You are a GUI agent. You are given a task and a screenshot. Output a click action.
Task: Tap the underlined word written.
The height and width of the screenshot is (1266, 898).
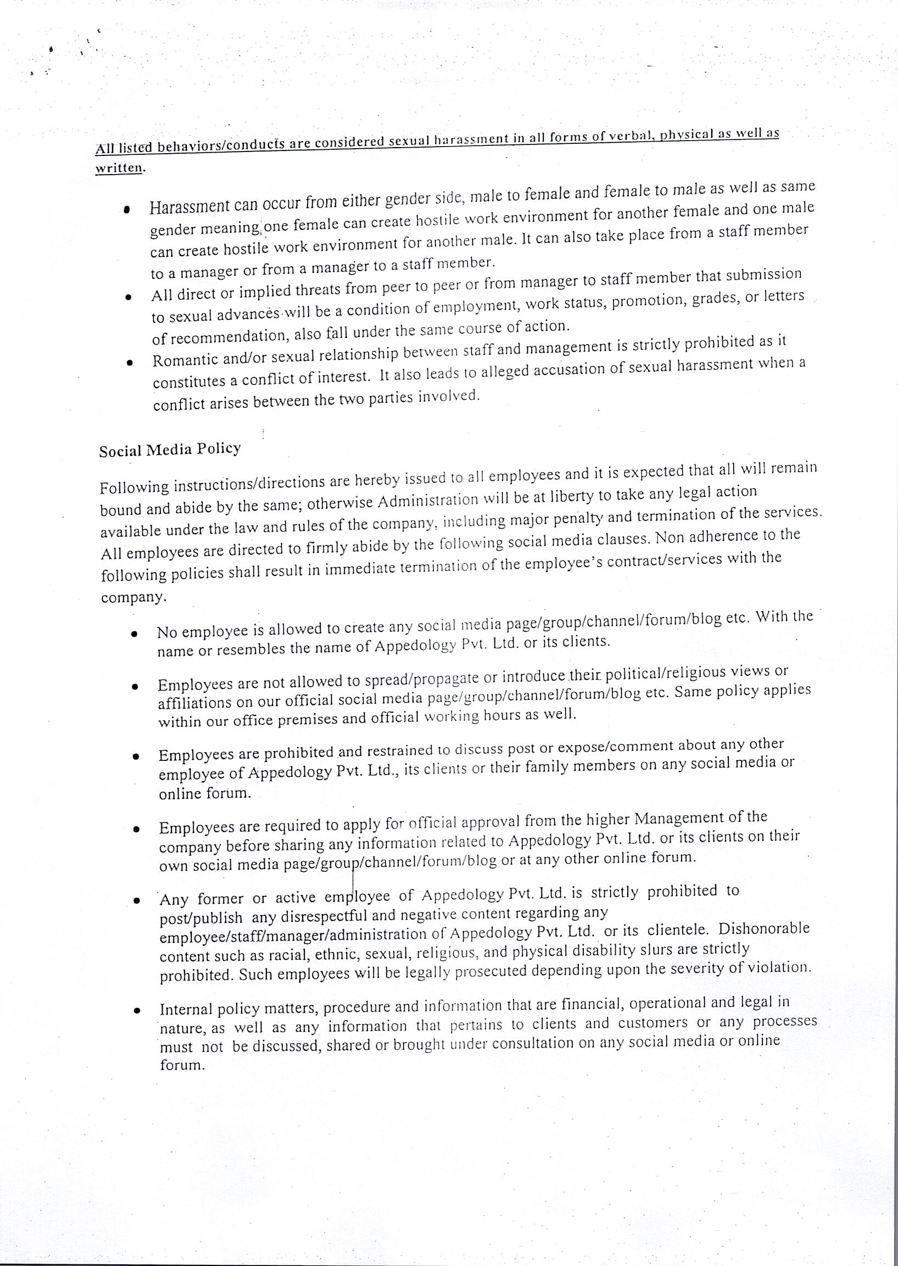pos(119,168)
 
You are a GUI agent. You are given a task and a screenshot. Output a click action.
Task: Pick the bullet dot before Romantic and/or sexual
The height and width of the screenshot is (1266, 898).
pos(129,363)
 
